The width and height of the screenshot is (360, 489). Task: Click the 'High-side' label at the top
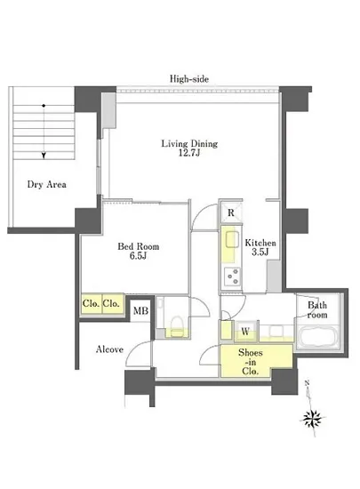click(x=188, y=79)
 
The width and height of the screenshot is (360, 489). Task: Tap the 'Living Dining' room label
click(x=189, y=144)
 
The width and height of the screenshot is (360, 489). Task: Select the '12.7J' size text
click(x=188, y=153)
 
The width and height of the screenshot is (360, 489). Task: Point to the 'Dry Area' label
click(x=47, y=184)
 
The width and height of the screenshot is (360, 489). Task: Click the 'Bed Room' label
click(x=139, y=246)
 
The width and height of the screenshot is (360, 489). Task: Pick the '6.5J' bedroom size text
click(x=138, y=256)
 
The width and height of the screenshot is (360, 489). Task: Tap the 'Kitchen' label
click(x=260, y=243)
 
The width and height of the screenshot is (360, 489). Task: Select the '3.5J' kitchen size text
click(x=260, y=252)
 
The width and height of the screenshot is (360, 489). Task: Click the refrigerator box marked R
click(x=230, y=212)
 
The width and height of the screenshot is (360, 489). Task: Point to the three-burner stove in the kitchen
click(x=232, y=277)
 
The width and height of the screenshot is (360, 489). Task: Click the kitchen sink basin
click(x=232, y=239)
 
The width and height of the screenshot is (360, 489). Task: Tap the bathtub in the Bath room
click(x=318, y=338)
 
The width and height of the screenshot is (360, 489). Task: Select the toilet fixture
click(x=176, y=326)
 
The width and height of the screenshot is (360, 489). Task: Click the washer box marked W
click(x=245, y=332)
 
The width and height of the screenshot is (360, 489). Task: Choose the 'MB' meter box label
click(x=140, y=310)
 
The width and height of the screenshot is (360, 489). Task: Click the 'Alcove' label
click(x=109, y=349)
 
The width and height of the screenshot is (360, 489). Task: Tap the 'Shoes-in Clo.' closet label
click(x=251, y=362)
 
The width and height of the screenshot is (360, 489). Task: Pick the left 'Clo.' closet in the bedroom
click(x=92, y=303)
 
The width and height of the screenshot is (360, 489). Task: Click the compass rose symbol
click(x=313, y=417)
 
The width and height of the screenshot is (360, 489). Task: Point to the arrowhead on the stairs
click(x=44, y=156)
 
